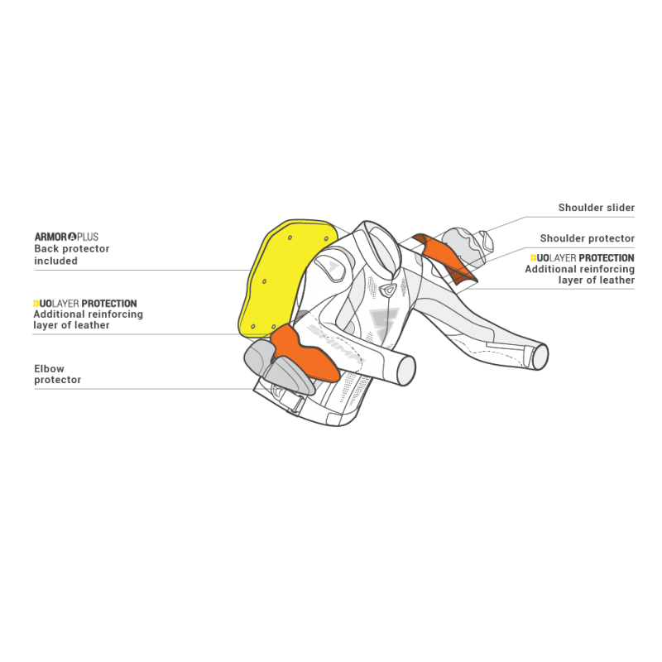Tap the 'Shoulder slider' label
[596, 208]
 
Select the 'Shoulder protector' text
[588, 238]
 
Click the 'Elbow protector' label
[57, 374]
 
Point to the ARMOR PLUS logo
[66, 237]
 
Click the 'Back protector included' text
[71, 255]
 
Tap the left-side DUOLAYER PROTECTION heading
[85, 303]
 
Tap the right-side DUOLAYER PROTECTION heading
[583, 257]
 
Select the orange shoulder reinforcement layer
[445, 258]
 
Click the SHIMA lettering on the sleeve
[336, 344]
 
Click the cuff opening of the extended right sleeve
[540, 357]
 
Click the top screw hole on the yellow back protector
[290, 237]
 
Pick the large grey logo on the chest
[383, 324]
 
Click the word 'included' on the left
[55, 261]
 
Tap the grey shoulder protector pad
[463, 246]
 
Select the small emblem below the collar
[387, 290]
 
